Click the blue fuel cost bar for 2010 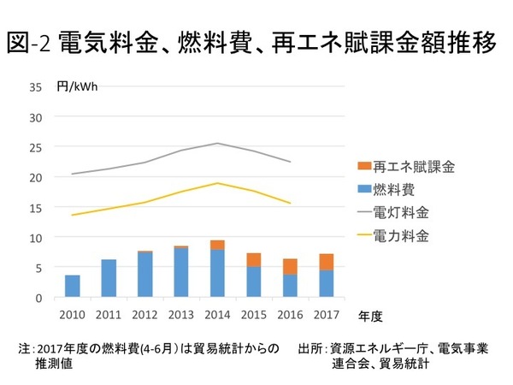[x=73, y=287]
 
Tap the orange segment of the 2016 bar [x=290, y=266]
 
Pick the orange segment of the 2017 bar [x=327, y=262]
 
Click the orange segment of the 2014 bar [x=217, y=245]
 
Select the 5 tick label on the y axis [x=37, y=267]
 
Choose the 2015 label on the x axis [x=254, y=314]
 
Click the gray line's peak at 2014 [x=217, y=143]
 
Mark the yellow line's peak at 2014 [x=217, y=183]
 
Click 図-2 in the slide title [x=32, y=44]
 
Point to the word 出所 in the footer [x=308, y=349]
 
